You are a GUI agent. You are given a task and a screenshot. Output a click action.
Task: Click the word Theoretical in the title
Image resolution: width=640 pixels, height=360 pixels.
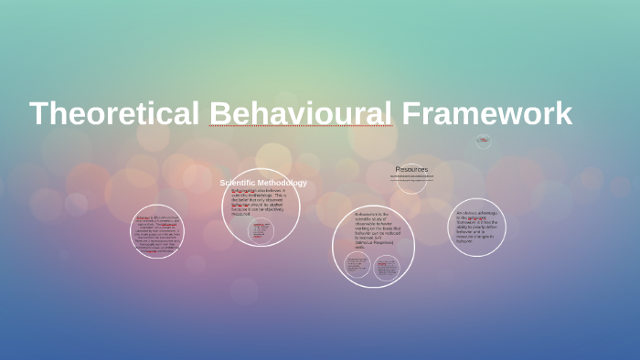pyautogui.click(x=114, y=114)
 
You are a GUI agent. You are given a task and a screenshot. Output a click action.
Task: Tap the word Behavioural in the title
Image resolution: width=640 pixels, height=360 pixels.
pyautogui.click(x=301, y=114)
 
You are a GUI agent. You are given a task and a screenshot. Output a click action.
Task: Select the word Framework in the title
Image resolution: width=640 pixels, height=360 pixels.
pyautogui.click(x=487, y=114)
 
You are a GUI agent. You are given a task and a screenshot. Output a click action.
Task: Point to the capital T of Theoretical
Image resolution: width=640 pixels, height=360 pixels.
pyautogui.click(x=39, y=114)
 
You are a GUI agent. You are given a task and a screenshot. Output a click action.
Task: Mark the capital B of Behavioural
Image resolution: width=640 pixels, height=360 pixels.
pyautogui.click(x=220, y=114)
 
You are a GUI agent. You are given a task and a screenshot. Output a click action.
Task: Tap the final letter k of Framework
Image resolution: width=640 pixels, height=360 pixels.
pyautogui.click(x=563, y=114)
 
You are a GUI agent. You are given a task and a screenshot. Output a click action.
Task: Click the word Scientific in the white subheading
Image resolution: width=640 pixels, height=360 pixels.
pyautogui.click(x=240, y=183)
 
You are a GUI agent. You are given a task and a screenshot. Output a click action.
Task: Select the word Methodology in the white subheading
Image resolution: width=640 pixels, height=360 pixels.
pyautogui.click(x=283, y=183)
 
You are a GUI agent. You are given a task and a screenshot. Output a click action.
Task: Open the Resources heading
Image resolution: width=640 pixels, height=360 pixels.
pyautogui.click(x=411, y=169)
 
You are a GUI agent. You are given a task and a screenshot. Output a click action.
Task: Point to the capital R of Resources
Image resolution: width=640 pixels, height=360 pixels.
pyautogui.click(x=399, y=169)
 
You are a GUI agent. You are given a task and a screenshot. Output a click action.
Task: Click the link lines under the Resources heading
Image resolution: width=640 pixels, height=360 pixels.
pyautogui.click(x=411, y=179)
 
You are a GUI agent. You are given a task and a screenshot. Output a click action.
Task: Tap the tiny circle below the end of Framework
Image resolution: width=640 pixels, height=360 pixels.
pyautogui.click(x=484, y=141)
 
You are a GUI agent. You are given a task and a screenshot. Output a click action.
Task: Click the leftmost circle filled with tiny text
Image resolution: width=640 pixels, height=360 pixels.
pyautogui.click(x=155, y=231)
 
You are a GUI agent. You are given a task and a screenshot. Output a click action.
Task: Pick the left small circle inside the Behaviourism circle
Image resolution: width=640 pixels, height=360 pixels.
pyautogui.click(x=357, y=267)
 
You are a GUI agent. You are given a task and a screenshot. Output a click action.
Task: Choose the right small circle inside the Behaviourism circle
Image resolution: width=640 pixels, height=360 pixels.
pyautogui.click(x=387, y=268)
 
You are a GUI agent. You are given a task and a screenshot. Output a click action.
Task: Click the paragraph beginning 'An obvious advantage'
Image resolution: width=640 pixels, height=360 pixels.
pyautogui.click(x=476, y=227)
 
